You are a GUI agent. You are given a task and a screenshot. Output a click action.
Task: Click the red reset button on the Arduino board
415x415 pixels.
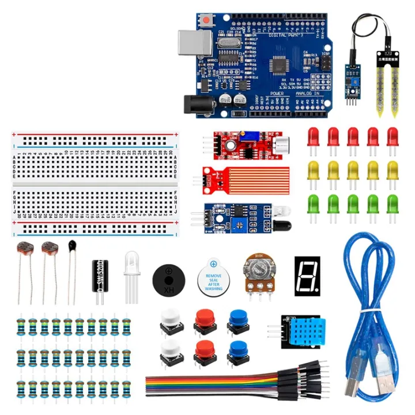point(206,21)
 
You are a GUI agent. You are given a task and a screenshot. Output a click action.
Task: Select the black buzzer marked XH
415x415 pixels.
point(169,279)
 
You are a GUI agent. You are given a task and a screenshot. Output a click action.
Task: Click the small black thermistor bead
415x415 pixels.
point(73,246)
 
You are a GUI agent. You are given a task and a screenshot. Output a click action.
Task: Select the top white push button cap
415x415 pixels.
point(169,318)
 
